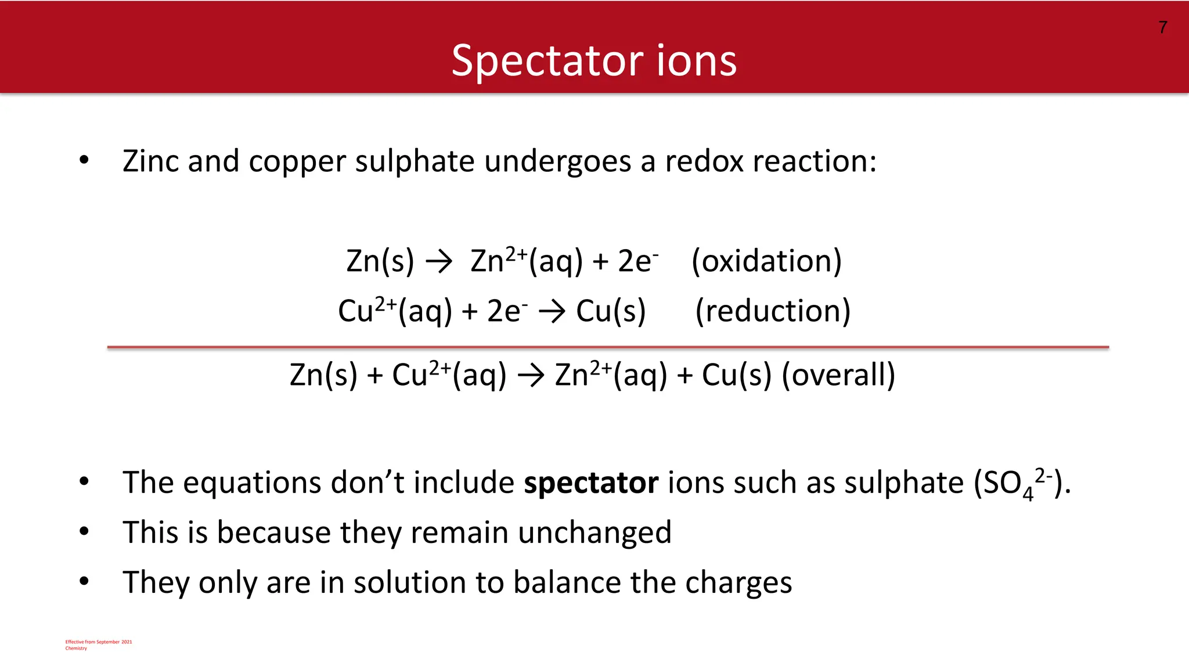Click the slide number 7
[x=1163, y=27]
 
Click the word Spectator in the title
[x=547, y=60]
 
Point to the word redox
[x=704, y=161]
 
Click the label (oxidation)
[x=766, y=261]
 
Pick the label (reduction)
[x=773, y=311]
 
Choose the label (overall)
[x=838, y=375]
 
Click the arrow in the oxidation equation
[x=439, y=262]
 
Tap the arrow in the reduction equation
[x=552, y=312]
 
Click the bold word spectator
[x=591, y=483]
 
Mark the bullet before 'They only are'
[x=84, y=581]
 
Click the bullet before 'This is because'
[x=84, y=531]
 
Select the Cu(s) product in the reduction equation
[x=611, y=311]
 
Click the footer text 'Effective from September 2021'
[x=99, y=642]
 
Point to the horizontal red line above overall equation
[x=608, y=347]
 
